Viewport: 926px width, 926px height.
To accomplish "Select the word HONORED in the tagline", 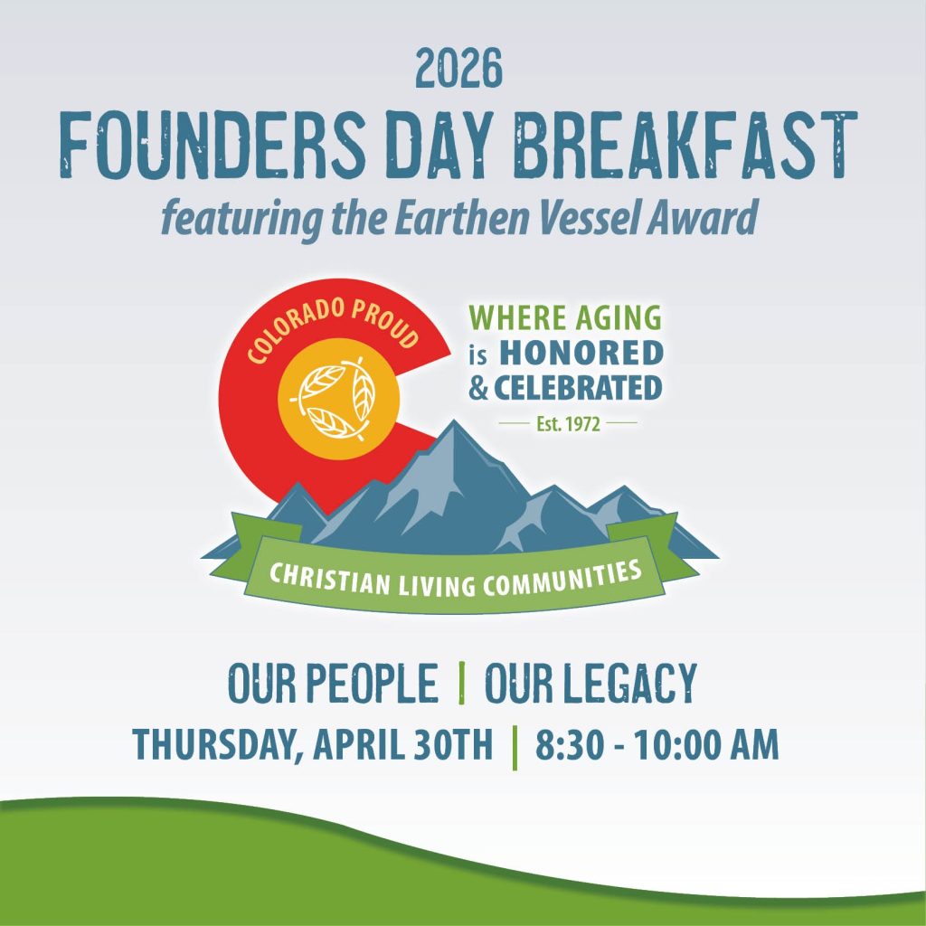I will pyautogui.click(x=581, y=353).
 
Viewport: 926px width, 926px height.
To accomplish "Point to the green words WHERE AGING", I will pyautogui.click(x=565, y=317).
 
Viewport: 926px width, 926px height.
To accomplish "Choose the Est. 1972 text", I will pyautogui.click(x=568, y=423).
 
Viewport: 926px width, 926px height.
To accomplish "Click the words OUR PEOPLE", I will pyautogui.click(x=332, y=684).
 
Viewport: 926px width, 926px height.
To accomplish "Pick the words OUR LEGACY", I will pyautogui.click(x=591, y=684).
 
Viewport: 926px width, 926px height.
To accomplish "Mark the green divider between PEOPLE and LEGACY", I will pyautogui.click(x=462, y=684).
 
